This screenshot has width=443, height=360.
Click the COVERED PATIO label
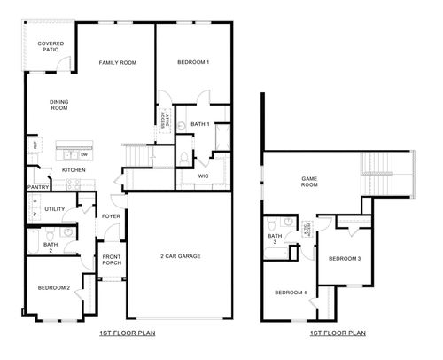(x=49, y=46)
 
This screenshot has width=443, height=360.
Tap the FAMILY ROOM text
(x=117, y=63)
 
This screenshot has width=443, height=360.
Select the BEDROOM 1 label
(x=192, y=63)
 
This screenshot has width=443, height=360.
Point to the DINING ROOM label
(x=58, y=105)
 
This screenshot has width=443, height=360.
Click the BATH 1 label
(x=200, y=124)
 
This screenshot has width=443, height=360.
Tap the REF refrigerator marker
(x=35, y=145)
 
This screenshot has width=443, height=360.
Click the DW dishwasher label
(x=83, y=155)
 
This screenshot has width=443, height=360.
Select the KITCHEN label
(x=73, y=169)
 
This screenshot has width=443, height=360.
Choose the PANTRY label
(x=37, y=187)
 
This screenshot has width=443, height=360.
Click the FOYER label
(x=111, y=215)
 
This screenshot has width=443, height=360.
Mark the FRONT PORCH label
(x=111, y=261)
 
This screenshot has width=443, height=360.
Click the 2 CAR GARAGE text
(x=180, y=256)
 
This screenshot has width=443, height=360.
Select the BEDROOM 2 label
(x=53, y=287)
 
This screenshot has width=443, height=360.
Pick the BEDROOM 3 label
(x=344, y=258)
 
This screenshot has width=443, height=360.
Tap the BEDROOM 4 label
(x=290, y=293)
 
